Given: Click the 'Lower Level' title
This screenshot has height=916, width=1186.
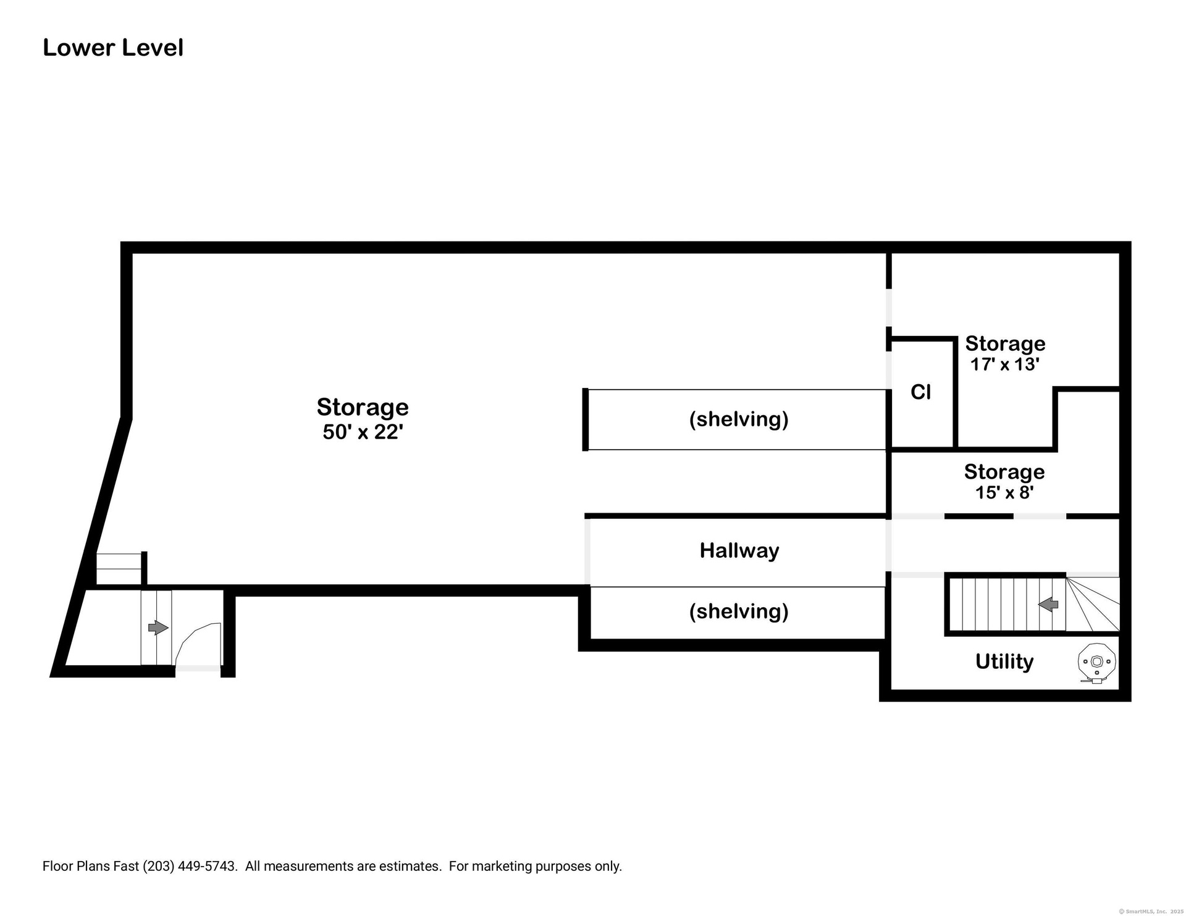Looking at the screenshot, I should pos(113,48).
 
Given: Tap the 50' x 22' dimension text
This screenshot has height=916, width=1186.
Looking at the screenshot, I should pos(363,432).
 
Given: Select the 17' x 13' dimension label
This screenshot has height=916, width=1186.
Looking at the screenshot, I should pos(1005,364).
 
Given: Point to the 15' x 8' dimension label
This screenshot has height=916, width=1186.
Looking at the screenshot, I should pos(1004,492).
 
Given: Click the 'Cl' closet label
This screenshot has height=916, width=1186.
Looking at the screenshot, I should pos(920,392).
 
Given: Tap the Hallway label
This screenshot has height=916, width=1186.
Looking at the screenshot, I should pos(739,550).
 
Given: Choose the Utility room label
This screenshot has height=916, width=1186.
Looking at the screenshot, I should pos(1004,662).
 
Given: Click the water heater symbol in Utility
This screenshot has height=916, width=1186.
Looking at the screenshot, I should pos(1096,663).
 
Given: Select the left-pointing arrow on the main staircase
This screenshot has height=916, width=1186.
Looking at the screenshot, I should pos(1048,605).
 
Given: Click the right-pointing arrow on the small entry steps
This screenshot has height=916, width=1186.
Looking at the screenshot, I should pos(158,628).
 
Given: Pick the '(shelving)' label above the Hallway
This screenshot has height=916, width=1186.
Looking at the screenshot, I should pos(739,419).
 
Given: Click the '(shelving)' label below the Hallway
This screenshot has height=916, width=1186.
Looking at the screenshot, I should pos(739,611).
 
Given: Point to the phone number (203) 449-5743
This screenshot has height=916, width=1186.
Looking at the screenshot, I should pos(190,866).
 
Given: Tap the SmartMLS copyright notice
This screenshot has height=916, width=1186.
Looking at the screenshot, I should pos(1151,911).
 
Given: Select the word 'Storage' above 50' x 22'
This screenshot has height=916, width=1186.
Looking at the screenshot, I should pos(363,408).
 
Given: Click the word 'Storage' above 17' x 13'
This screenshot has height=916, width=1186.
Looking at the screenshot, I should pos(1005,343).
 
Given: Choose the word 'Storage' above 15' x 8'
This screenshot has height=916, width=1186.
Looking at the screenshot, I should pos(1004,472).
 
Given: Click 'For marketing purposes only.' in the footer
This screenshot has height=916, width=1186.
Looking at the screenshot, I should pos(535,866).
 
